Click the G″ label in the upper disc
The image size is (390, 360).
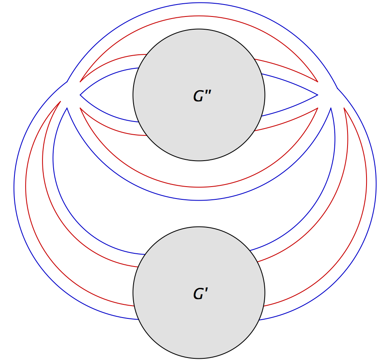[202, 96]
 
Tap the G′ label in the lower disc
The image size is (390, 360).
[200, 294]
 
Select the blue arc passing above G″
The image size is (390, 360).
[199, 3]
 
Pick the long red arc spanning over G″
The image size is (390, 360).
[199, 16]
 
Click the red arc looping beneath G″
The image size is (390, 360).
[199, 187]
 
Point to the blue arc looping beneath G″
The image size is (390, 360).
[199, 200]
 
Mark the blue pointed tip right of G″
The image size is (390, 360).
[317, 95]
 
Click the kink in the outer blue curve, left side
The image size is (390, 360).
[67, 81]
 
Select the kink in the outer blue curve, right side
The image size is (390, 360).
[338, 88]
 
